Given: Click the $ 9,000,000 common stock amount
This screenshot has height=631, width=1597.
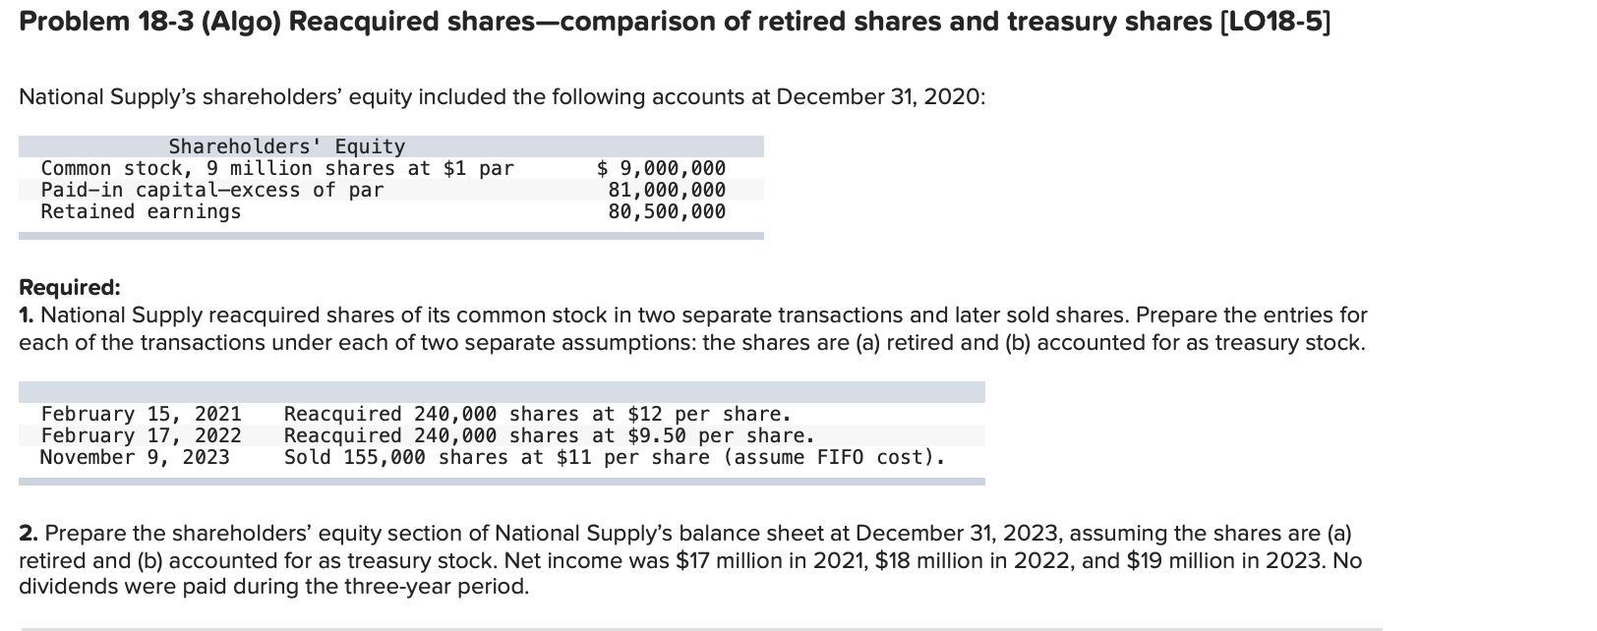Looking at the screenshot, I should (x=662, y=168).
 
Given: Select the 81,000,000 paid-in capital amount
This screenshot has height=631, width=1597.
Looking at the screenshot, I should (x=667, y=190).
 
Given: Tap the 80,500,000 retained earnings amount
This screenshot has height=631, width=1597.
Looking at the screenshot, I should (x=667, y=211).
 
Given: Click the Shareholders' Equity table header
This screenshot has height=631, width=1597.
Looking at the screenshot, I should (x=286, y=146).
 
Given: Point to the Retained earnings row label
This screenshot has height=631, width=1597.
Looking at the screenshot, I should (x=141, y=211).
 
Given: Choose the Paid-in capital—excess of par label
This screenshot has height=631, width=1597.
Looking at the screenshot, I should (x=212, y=190).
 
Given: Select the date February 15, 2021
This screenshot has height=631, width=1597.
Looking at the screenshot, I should (x=141, y=414).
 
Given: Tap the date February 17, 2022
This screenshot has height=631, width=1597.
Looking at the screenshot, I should (x=141, y=435).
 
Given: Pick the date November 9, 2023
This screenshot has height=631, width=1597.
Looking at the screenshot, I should (x=135, y=457).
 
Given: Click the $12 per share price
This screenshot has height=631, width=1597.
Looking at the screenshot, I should (x=645, y=414).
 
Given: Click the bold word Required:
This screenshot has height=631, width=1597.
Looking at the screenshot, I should (x=70, y=287).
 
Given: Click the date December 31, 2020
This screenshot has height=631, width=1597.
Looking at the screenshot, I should (x=878, y=97).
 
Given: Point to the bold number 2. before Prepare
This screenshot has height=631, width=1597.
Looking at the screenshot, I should (x=29, y=534).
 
